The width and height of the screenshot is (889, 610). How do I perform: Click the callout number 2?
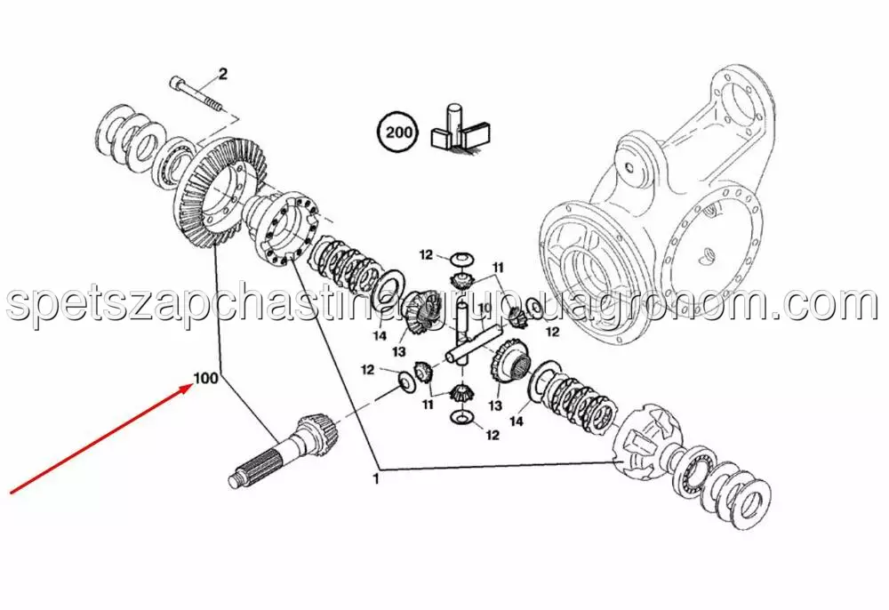point(223,74)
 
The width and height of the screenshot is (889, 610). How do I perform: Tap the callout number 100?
point(206,377)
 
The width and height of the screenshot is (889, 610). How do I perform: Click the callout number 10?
point(484,308)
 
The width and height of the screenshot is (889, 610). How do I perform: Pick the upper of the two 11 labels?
point(498,268)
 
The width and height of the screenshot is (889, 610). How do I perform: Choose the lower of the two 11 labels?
point(428,405)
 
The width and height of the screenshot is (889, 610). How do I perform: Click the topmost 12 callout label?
point(427,255)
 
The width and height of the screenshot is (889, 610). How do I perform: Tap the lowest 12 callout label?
point(493,435)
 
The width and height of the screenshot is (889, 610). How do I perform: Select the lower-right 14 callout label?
point(516,421)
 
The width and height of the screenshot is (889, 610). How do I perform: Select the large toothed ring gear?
point(219,191)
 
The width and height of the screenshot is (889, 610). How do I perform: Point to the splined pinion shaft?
point(284,451)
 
